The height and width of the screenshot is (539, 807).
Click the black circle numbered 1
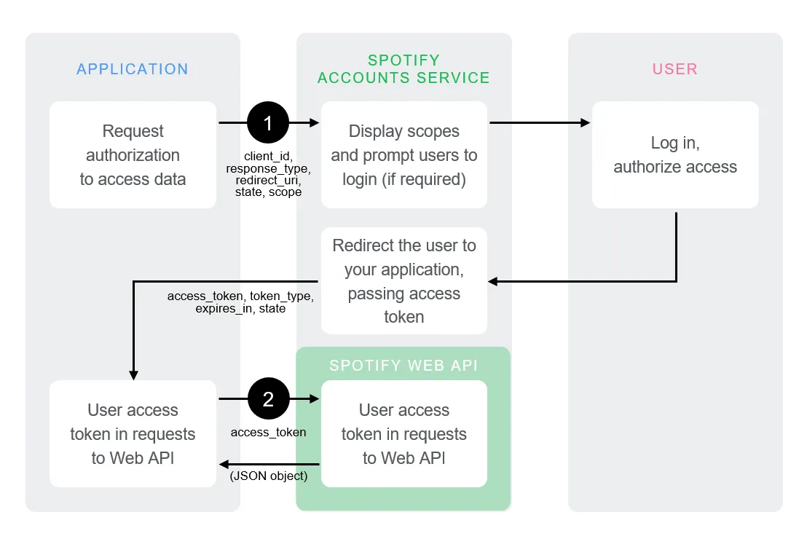coord(268,123)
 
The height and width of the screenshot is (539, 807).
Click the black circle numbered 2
coord(268,398)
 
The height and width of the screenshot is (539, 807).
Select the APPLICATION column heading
coord(133,69)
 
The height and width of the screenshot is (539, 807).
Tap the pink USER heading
coord(674,69)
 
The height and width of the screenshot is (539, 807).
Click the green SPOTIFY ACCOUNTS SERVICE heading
coord(403,69)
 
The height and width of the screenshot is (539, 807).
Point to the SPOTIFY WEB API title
coord(403,366)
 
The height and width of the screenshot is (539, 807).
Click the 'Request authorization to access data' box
coord(133,155)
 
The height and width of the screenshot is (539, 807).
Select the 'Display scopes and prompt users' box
coord(404,155)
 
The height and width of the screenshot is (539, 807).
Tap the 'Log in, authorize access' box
coord(675,155)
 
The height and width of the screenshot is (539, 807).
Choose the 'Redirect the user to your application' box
coord(404,280)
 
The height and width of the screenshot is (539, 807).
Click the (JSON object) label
coord(269,476)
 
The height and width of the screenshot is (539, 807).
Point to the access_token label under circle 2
coord(268,432)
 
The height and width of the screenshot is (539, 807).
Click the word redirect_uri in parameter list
coord(267,180)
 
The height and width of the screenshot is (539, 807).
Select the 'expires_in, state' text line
coord(240,309)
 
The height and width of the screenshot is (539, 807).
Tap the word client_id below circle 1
coord(267,157)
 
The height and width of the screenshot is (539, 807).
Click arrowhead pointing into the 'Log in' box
coord(585,123)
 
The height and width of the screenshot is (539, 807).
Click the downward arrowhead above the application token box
coord(133,374)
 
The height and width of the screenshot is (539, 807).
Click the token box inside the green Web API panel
coord(404,434)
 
